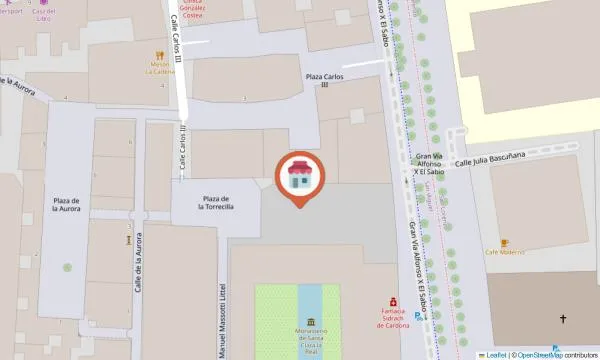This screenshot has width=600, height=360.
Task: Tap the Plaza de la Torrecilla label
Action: click(x=217, y=202)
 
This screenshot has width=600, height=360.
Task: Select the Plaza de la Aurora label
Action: click(x=67, y=206)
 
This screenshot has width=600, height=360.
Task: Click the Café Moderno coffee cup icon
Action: click(x=505, y=243)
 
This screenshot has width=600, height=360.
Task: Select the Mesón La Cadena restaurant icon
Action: click(x=159, y=56)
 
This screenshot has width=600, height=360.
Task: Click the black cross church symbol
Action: click(x=562, y=320)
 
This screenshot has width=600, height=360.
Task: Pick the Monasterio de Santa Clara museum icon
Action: click(x=312, y=322)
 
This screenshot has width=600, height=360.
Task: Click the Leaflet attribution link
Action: click(x=495, y=354)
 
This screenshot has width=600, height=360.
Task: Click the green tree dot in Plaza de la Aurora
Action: click(x=67, y=267)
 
